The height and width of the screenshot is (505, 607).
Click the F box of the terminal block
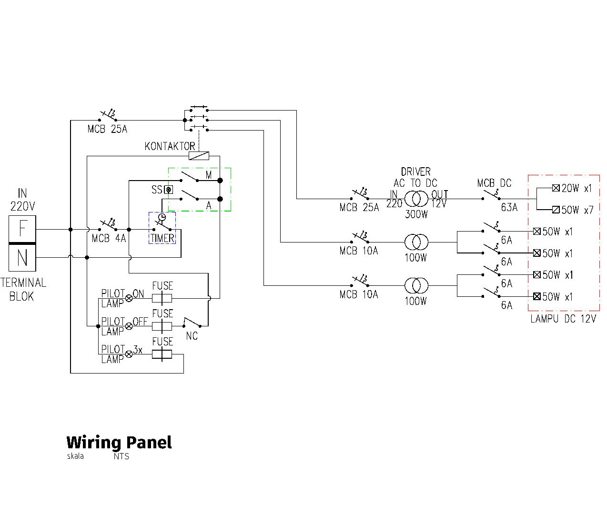[x=22, y=229]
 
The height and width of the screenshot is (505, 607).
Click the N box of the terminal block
[x=22, y=258]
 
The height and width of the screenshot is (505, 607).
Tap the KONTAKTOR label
[x=170, y=146]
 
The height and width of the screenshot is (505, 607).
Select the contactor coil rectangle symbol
[x=199, y=155]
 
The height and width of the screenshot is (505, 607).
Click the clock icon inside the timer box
[x=162, y=217]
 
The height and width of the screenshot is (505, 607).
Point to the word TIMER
[x=162, y=238]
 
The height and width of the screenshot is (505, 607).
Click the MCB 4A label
[x=109, y=238]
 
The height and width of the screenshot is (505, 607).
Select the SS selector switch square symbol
[x=168, y=190]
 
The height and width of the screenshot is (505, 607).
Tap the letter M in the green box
[x=209, y=175]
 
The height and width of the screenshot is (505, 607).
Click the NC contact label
[x=192, y=336]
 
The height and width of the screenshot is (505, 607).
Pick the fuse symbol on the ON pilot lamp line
[x=162, y=298]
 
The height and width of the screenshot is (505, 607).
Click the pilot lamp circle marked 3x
[x=129, y=354]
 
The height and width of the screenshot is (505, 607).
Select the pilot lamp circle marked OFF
[x=129, y=326]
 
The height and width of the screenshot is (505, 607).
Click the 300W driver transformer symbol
[x=416, y=198]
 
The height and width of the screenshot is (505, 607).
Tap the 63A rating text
[x=509, y=208]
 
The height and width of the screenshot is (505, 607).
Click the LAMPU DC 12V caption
[x=563, y=319]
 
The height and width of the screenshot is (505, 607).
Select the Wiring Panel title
[x=119, y=442]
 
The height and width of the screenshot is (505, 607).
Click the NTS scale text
[x=121, y=456]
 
